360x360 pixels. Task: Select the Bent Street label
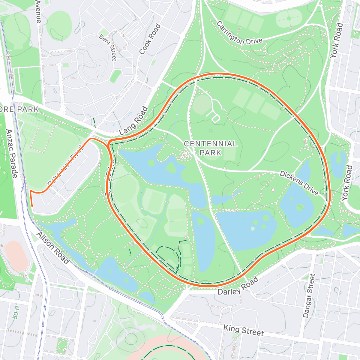[x=108, y=48]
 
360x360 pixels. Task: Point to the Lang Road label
[x=134, y=121]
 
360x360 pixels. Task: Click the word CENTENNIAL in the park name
[x=210, y=144]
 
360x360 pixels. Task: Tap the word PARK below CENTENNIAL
[x=210, y=153]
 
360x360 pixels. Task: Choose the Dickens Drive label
[x=299, y=183]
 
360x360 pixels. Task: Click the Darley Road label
[x=238, y=286]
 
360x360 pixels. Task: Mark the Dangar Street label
[x=309, y=296]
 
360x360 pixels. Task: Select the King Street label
[x=243, y=330]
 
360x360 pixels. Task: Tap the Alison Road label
[x=53, y=248]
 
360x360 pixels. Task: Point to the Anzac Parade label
[x=12, y=153]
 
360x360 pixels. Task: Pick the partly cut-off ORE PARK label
[x=19, y=109]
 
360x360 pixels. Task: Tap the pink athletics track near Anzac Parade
[x=15, y=256]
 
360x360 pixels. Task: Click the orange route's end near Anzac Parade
[x=32, y=206]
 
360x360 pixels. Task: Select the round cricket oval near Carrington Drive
[x=289, y=19]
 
